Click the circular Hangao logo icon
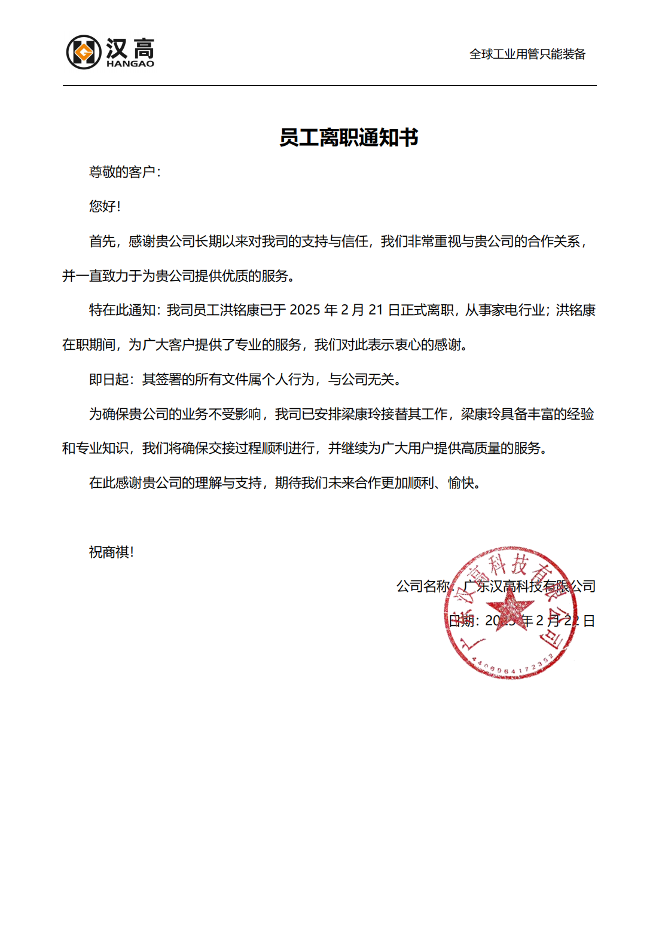(83, 52)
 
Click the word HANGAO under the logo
(130, 64)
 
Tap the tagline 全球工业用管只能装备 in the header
(527, 54)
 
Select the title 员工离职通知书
(349, 137)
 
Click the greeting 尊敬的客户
(122, 172)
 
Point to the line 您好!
(105, 206)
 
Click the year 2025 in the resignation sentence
(305, 310)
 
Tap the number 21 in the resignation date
(376, 310)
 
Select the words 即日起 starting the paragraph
(108, 380)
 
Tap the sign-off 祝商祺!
(111, 552)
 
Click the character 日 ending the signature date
(589, 621)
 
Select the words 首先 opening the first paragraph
(102, 241)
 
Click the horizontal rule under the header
(329, 85)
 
